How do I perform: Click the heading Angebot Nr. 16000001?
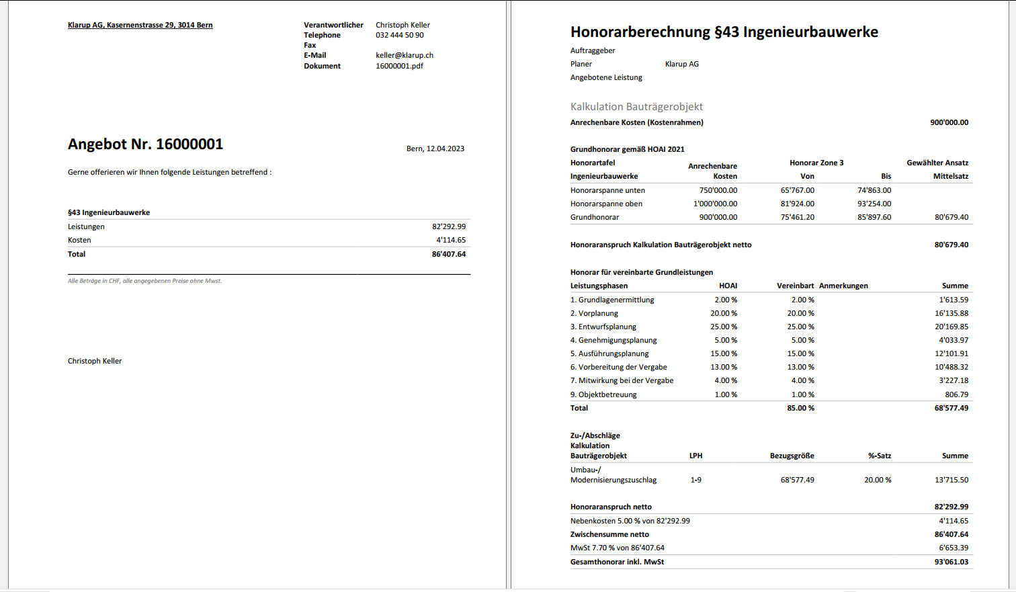coord(145,144)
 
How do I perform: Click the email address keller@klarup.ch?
coord(405,56)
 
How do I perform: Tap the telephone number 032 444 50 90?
coord(400,35)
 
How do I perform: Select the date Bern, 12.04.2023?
coord(435,149)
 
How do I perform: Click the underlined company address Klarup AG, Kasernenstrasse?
coord(140,25)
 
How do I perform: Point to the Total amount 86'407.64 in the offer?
coord(449,254)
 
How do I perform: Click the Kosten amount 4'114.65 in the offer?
coord(451,240)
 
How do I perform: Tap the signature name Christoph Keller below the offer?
coord(95,361)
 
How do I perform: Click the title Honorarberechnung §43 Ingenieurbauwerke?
coord(724,32)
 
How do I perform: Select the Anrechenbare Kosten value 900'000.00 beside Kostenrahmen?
coord(949,122)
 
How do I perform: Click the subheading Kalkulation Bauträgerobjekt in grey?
coord(636,107)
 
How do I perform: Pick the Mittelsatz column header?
coord(950,176)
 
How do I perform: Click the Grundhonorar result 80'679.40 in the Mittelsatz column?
coord(951,217)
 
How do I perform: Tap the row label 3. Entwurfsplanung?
coord(603,327)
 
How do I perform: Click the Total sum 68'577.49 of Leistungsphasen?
coord(951,408)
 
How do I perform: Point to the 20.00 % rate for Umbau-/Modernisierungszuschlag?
coord(878,480)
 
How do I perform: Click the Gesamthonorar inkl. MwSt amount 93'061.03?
coord(951,562)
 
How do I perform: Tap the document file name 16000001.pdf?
coord(399,66)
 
